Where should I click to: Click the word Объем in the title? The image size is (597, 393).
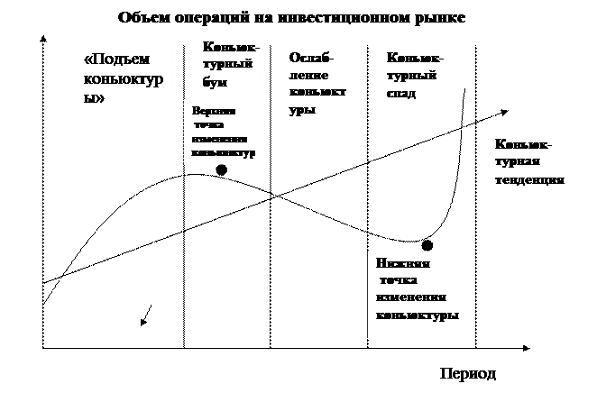click(141, 18)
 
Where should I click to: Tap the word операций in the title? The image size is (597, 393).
click(203, 18)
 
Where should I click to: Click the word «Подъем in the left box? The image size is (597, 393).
click(111, 61)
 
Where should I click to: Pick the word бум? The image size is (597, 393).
click(215, 82)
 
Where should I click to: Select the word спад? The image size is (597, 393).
click(400, 93)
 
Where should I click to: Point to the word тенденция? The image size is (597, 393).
click(529, 179)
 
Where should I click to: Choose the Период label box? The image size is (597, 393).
click(487, 372)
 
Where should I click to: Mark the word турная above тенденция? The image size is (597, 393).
click(518, 162)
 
